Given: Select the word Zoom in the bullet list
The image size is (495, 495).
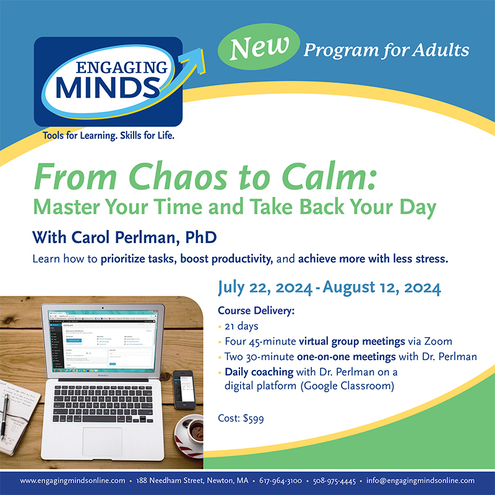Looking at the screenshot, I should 440,341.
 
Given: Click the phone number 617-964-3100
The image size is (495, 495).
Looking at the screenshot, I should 281,480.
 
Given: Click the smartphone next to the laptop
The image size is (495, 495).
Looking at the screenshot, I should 183,388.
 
